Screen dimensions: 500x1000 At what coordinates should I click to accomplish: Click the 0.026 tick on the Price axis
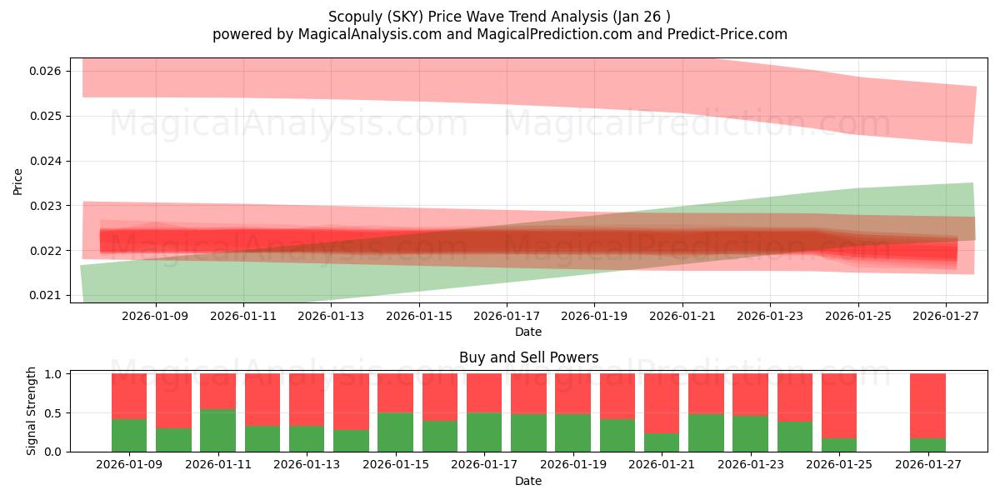tap(45, 71)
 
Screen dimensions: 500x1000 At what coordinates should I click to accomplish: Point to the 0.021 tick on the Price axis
tap(45, 295)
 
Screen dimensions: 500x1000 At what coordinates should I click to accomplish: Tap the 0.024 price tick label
tap(45, 161)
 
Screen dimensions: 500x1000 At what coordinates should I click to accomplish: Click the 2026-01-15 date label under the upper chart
tap(418, 317)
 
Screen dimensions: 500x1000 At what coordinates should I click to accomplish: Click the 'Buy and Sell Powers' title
tap(528, 357)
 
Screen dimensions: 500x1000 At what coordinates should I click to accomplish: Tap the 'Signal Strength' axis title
tap(31, 411)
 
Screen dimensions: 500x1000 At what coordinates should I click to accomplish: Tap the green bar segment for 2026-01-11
tap(217, 430)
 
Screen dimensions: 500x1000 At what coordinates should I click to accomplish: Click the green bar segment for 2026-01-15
tap(395, 432)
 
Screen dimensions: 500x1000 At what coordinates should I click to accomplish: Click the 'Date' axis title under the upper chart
tap(528, 332)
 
